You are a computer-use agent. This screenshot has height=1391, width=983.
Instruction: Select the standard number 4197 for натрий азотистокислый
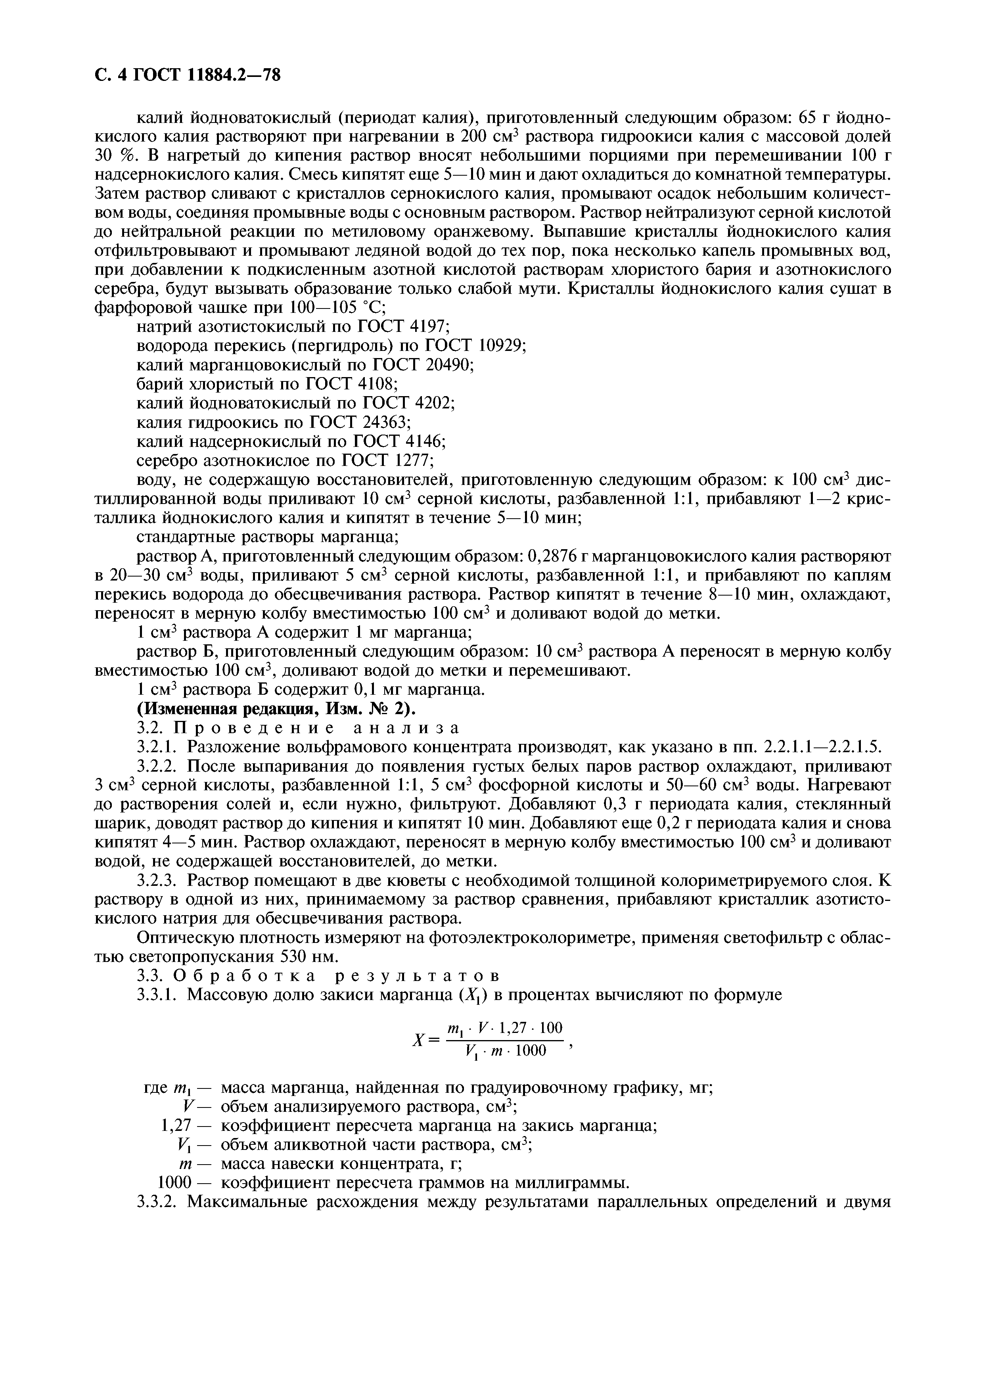[429, 327]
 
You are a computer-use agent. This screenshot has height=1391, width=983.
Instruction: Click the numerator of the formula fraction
[504, 1028]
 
